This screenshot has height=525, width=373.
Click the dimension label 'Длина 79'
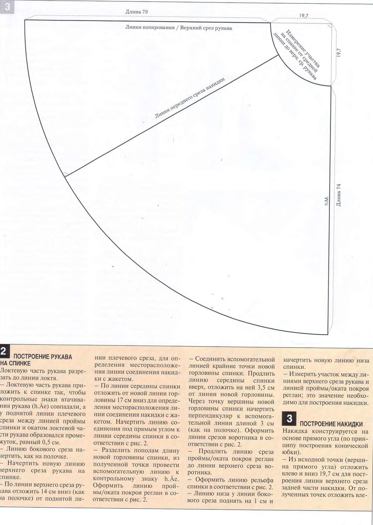(x=136, y=12)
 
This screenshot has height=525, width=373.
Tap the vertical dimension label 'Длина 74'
(x=339, y=195)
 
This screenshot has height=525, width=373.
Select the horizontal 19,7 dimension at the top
(x=304, y=16)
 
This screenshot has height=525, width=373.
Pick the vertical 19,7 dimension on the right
(x=339, y=53)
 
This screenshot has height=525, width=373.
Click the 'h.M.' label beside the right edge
(x=327, y=201)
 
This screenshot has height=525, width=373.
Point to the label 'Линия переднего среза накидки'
(x=190, y=98)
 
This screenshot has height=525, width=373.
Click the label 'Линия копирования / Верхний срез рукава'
(x=178, y=28)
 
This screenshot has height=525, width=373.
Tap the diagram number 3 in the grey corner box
(x=7, y=7)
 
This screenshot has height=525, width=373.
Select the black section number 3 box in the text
(x=289, y=419)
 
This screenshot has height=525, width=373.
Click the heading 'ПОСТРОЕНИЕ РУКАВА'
(x=43, y=357)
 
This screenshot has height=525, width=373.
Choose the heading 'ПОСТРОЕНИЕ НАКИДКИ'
(x=331, y=424)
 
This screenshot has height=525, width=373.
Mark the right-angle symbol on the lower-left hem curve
(x=65, y=175)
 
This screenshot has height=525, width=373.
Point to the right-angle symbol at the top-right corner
(x=329, y=25)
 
